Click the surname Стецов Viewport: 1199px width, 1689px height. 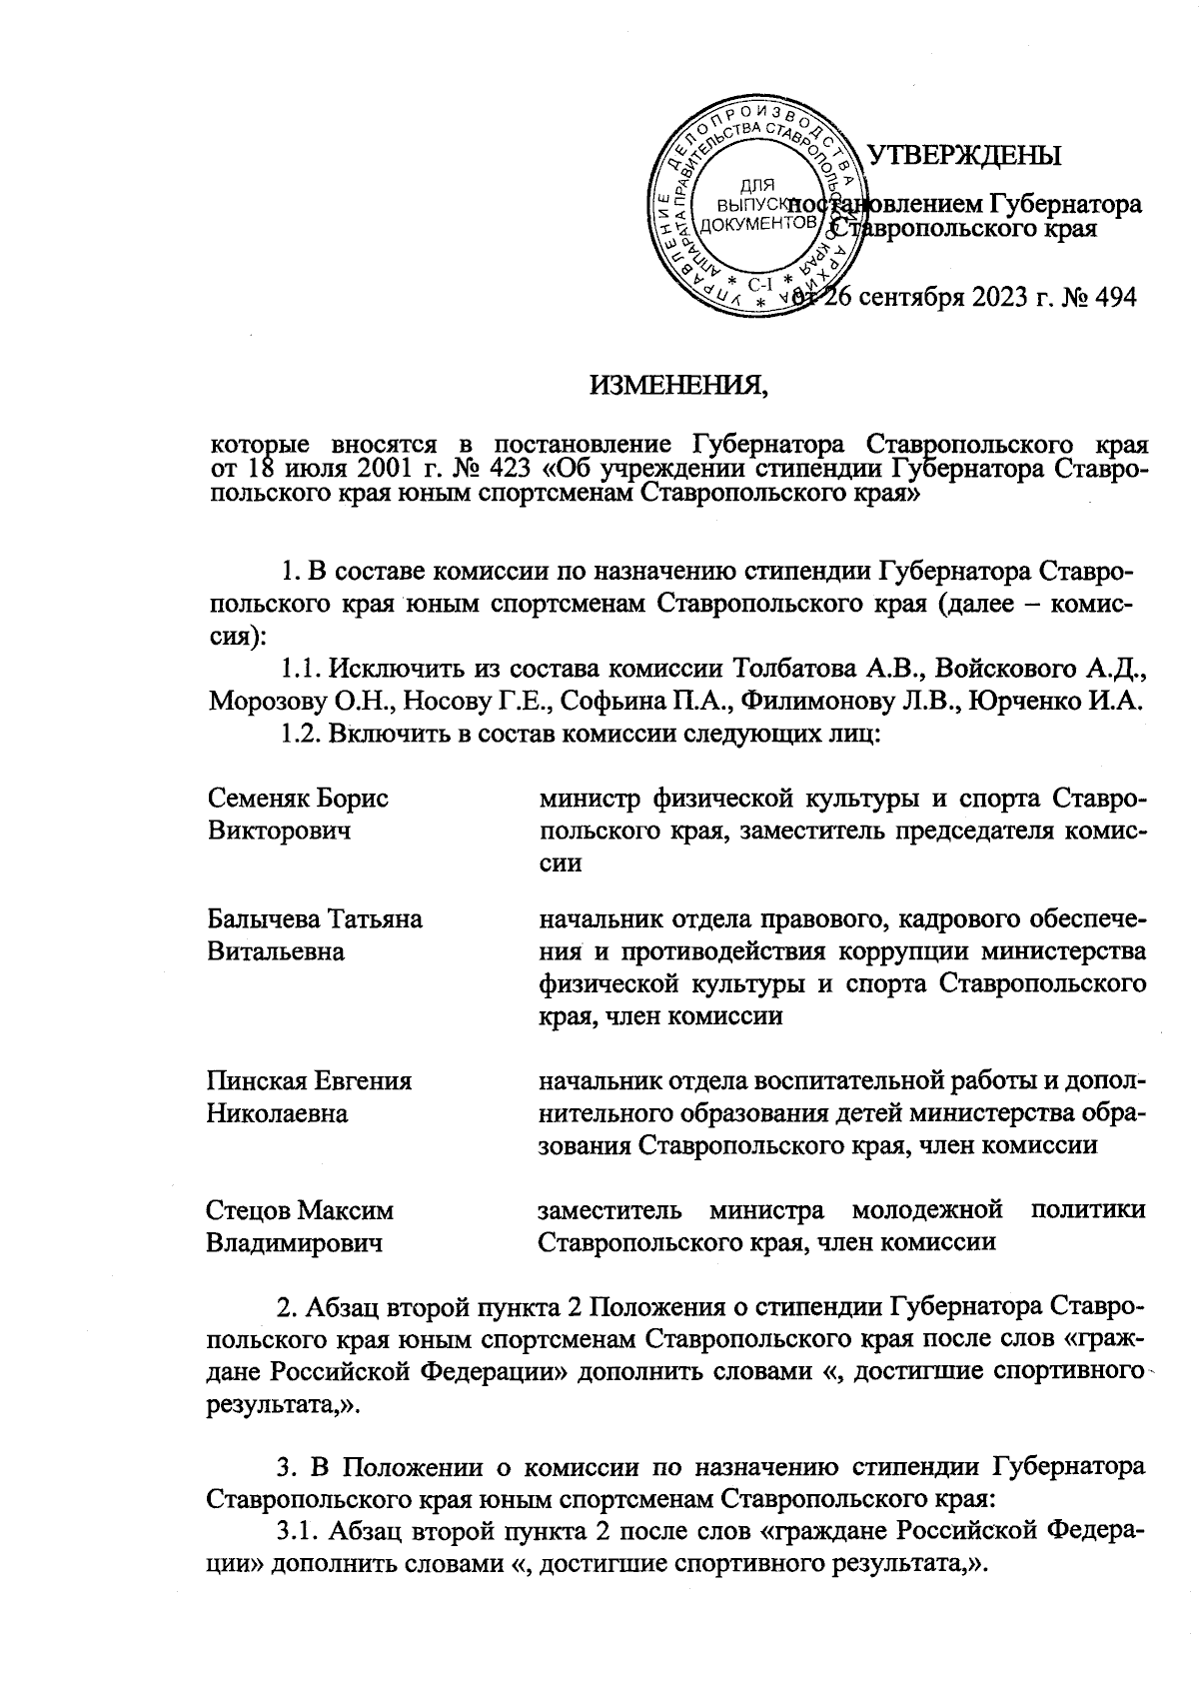coord(248,1211)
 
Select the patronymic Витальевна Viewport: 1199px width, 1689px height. coord(275,951)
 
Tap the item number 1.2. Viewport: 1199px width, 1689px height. coord(301,735)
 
